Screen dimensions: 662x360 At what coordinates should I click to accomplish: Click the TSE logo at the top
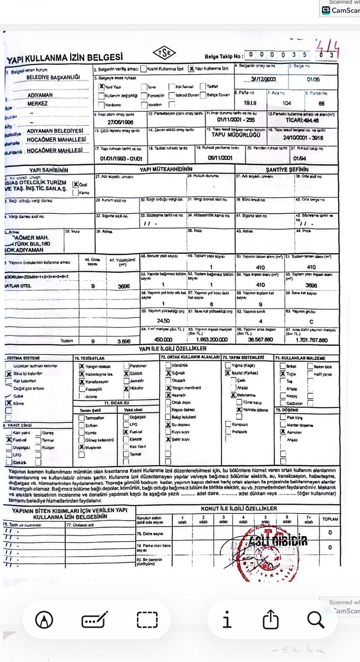coord(164,53)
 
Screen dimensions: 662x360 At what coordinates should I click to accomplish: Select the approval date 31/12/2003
coord(264,79)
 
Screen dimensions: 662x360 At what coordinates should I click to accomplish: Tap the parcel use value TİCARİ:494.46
coord(302,120)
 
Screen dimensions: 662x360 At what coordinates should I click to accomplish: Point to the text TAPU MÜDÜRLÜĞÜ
coord(236,135)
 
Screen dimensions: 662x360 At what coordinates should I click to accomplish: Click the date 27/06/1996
coord(120,122)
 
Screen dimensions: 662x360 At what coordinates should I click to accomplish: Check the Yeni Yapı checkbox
coord(101,87)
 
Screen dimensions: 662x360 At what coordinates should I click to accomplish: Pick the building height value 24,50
coord(163,321)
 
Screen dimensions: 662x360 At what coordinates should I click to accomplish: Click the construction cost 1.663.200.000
coord(211,340)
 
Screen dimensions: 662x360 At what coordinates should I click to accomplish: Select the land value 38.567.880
coord(260,340)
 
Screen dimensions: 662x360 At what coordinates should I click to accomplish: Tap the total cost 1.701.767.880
coord(311,340)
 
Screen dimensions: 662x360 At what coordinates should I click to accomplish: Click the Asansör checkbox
coord(168,395)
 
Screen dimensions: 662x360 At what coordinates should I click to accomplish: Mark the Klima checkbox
coord(9,403)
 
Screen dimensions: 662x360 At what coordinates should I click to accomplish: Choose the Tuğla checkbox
coord(283,374)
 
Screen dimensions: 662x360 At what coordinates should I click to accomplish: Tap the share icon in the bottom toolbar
coord(270,620)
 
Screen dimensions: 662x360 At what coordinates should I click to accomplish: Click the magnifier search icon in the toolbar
coord(315,620)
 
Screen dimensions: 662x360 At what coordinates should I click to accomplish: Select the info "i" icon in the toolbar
coord(227,620)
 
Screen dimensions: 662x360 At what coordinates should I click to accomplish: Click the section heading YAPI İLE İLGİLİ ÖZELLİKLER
coord(173,349)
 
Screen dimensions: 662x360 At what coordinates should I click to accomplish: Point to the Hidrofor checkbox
coord(126,389)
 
